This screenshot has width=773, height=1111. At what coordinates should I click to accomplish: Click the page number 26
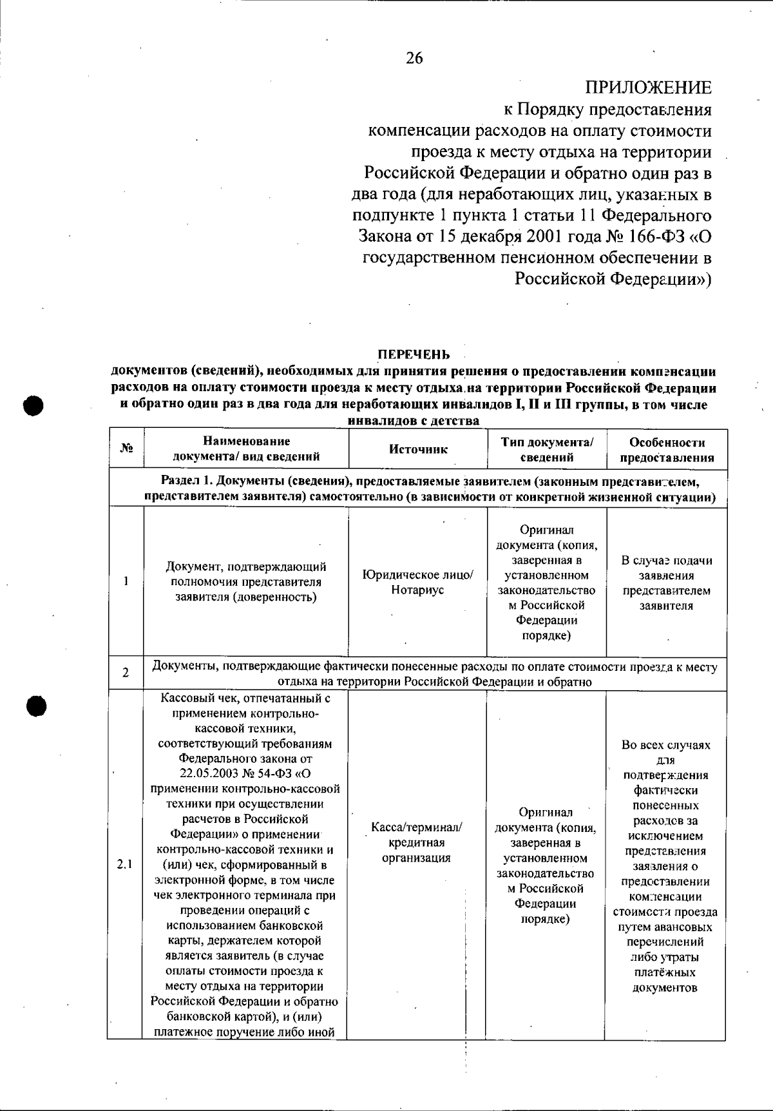tap(415, 59)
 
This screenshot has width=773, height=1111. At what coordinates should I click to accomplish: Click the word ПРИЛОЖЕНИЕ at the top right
tap(649, 88)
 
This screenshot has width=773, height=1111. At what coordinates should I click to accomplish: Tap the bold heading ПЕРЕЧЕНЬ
tap(413, 354)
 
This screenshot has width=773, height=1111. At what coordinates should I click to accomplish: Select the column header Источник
tap(418, 449)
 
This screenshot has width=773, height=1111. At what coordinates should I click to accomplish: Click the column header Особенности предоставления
tap(667, 450)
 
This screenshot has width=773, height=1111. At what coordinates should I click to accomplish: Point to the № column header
tap(126, 449)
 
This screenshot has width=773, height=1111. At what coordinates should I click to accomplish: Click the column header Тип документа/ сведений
tap(546, 450)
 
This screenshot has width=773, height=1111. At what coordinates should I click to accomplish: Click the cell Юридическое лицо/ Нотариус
tap(418, 582)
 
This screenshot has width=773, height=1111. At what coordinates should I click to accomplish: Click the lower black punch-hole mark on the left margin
tap(37, 705)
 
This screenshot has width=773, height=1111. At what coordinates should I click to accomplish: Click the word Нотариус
tap(418, 590)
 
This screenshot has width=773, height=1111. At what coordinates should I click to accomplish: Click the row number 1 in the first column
tap(126, 581)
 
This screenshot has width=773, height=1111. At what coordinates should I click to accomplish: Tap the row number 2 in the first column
tap(126, 673)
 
